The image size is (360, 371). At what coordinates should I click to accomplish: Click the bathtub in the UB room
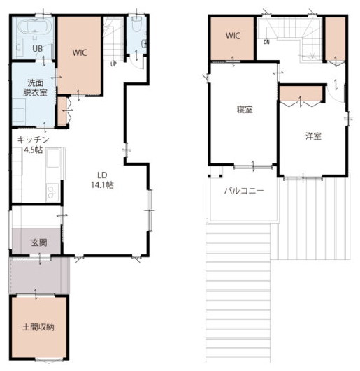click(34, 27)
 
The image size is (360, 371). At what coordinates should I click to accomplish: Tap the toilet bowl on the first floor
click(136, 24)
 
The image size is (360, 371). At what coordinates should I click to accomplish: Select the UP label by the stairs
click(113, 64)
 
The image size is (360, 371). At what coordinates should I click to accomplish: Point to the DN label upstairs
click(266, 42)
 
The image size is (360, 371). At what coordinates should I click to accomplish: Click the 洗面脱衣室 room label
click(35, 87)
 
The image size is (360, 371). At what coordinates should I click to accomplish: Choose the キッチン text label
click(33, 140)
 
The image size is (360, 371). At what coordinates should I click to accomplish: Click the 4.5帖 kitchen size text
click(34, 150)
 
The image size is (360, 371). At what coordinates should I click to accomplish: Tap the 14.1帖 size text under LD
click(102, 184)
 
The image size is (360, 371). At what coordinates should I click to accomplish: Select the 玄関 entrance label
click(39, 242)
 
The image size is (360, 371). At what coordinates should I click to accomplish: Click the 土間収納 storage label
click(38, 327)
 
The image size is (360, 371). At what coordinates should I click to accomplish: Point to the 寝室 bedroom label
click(245, 110)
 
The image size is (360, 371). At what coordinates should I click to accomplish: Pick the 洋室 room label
click(313, 136)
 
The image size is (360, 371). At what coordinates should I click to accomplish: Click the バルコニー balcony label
click(244, 191)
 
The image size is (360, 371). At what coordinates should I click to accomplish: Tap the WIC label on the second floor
click(233, 36)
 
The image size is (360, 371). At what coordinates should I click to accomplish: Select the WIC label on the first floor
click(80, 52)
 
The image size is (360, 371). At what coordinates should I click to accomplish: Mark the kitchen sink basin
click(53, 158)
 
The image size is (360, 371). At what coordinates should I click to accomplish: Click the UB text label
click(37, 48)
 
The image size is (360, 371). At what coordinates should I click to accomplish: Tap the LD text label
click(102, 175)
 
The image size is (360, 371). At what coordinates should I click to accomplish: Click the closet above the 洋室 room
click(301, 94)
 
